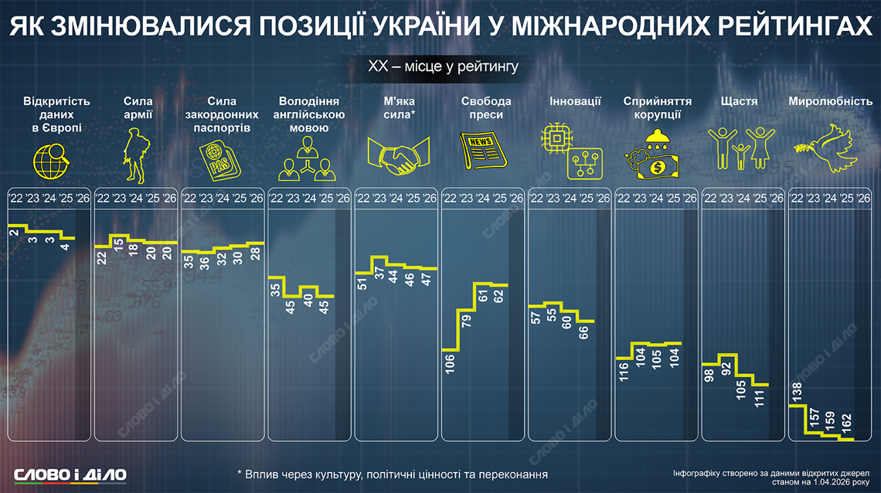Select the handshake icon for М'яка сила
398,152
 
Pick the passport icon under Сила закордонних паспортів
221,155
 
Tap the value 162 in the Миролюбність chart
845,421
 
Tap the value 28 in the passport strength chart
256,256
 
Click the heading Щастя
738,101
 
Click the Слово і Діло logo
70,474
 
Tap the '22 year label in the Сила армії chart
102,199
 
